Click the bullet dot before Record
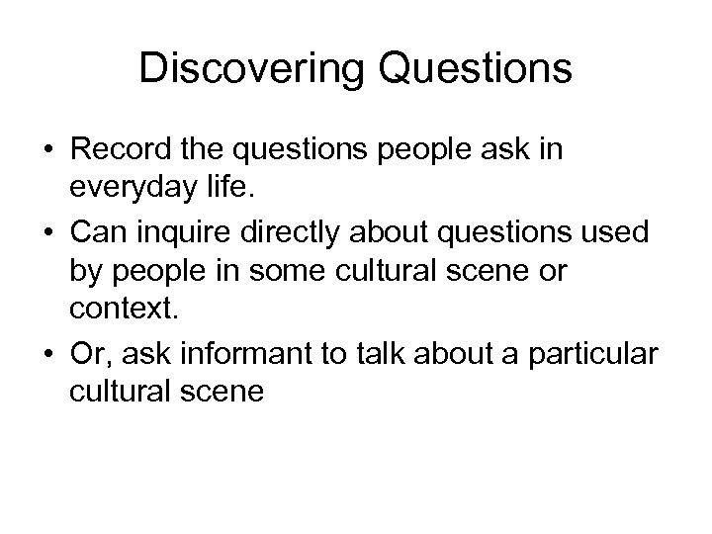click(46, 152)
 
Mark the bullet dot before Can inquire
click(46, 233)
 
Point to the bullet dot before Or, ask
click(46, 354)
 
